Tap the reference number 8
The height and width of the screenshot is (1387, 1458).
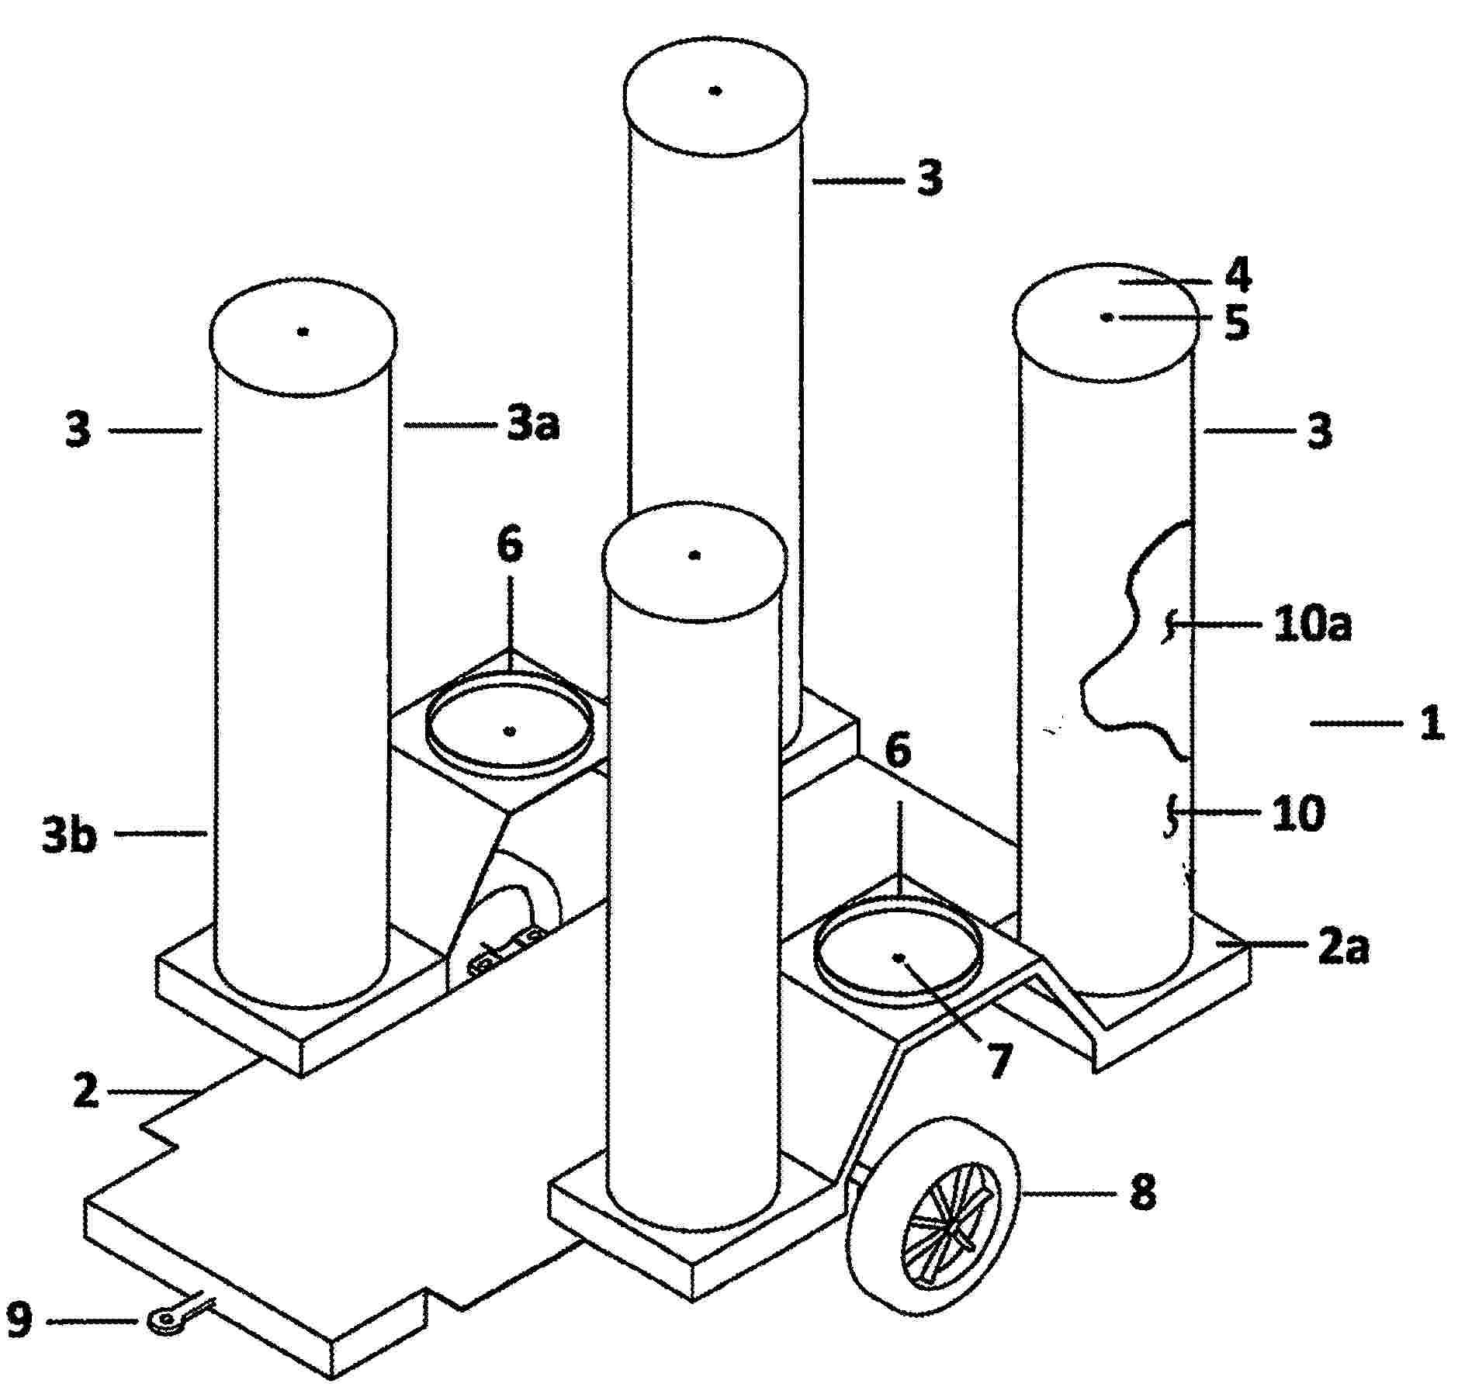(1141, 1189)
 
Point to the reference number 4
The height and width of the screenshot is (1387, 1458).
(1237, 275)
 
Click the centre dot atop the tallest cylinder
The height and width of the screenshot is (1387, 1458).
(716, 91)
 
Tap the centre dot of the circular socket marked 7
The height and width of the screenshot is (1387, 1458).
(899, 957)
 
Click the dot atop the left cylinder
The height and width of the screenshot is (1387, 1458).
(303, 331)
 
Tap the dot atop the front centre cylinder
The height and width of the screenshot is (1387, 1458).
(695, 555)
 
